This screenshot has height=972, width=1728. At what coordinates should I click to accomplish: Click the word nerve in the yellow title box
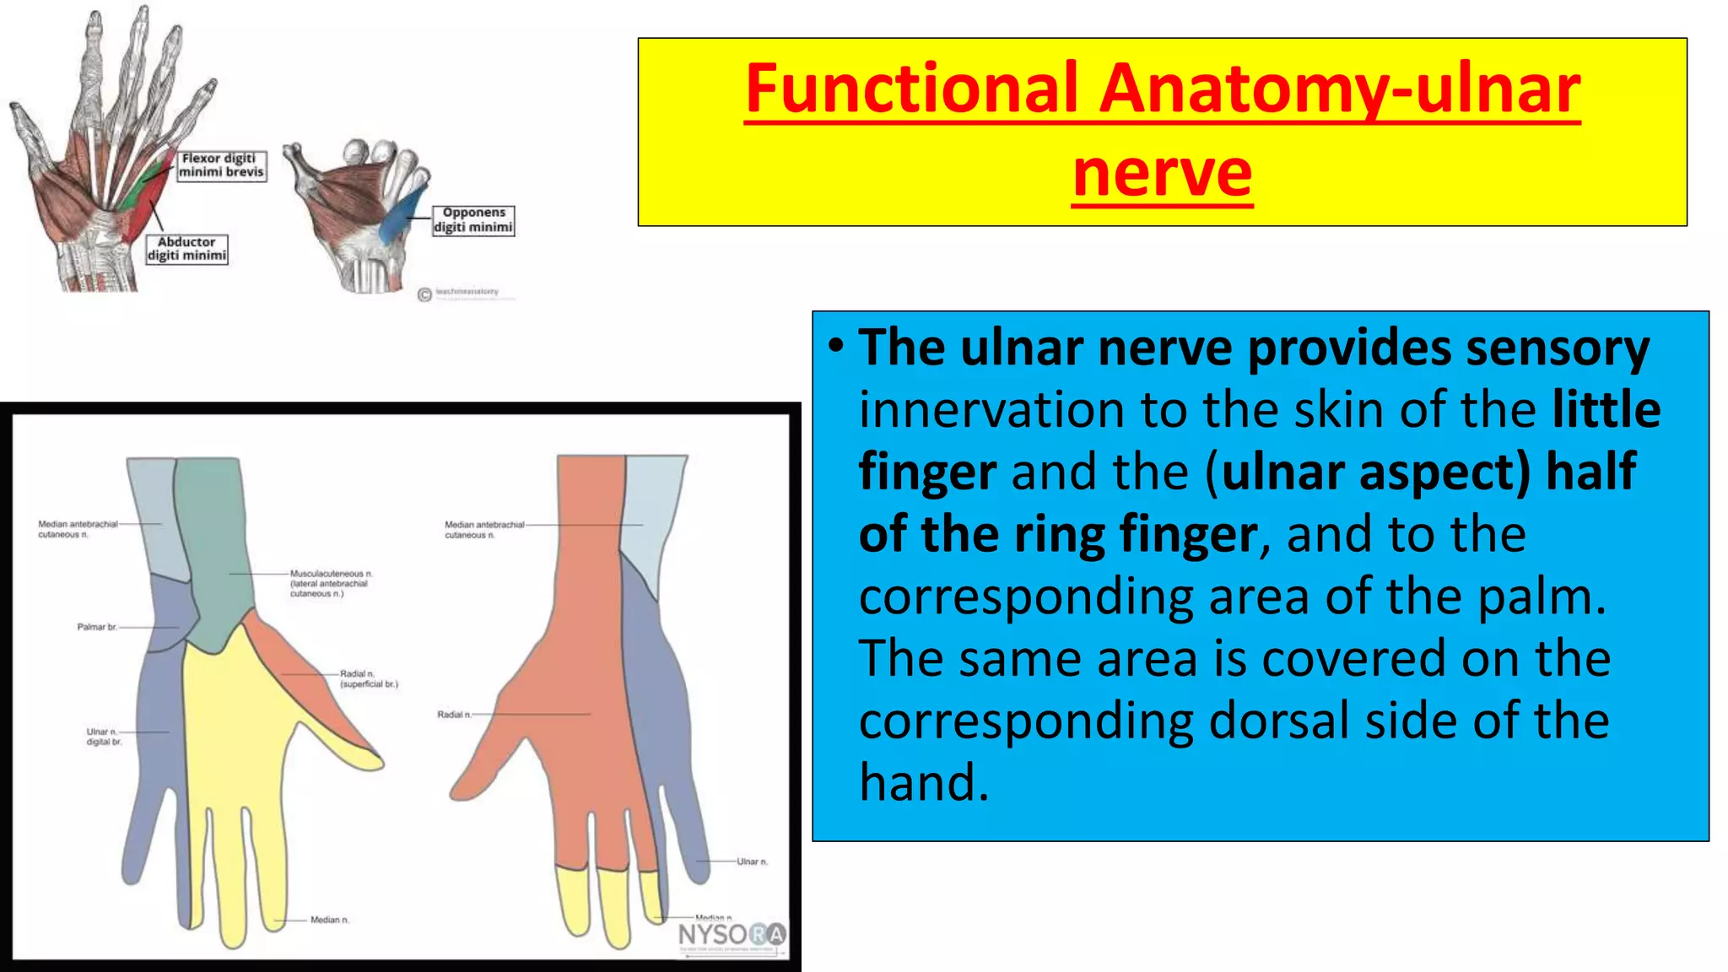pos(1162,173)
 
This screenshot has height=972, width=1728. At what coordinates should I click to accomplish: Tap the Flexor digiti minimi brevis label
pos(222,165)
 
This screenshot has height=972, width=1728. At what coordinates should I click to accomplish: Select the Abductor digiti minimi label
pos(186,249)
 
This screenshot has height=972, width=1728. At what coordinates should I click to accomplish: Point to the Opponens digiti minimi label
pos(473,220)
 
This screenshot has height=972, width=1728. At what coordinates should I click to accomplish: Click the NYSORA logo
pos(732,934)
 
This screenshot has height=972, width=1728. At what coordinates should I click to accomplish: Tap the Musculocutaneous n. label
pos(330,583)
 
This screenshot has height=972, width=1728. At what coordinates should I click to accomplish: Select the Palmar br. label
pos(97,627)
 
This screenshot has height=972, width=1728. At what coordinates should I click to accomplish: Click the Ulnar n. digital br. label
pos(104,737)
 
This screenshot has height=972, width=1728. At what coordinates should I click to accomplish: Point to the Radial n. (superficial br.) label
pos(369,679)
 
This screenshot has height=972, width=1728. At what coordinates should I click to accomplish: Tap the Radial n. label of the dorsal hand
pos(454,715)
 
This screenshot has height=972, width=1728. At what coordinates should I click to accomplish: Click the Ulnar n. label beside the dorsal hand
pos(752,861)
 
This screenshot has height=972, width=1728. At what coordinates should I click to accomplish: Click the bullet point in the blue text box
pos(835,347)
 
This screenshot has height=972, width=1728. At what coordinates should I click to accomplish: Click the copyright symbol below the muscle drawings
pos(425,294)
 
